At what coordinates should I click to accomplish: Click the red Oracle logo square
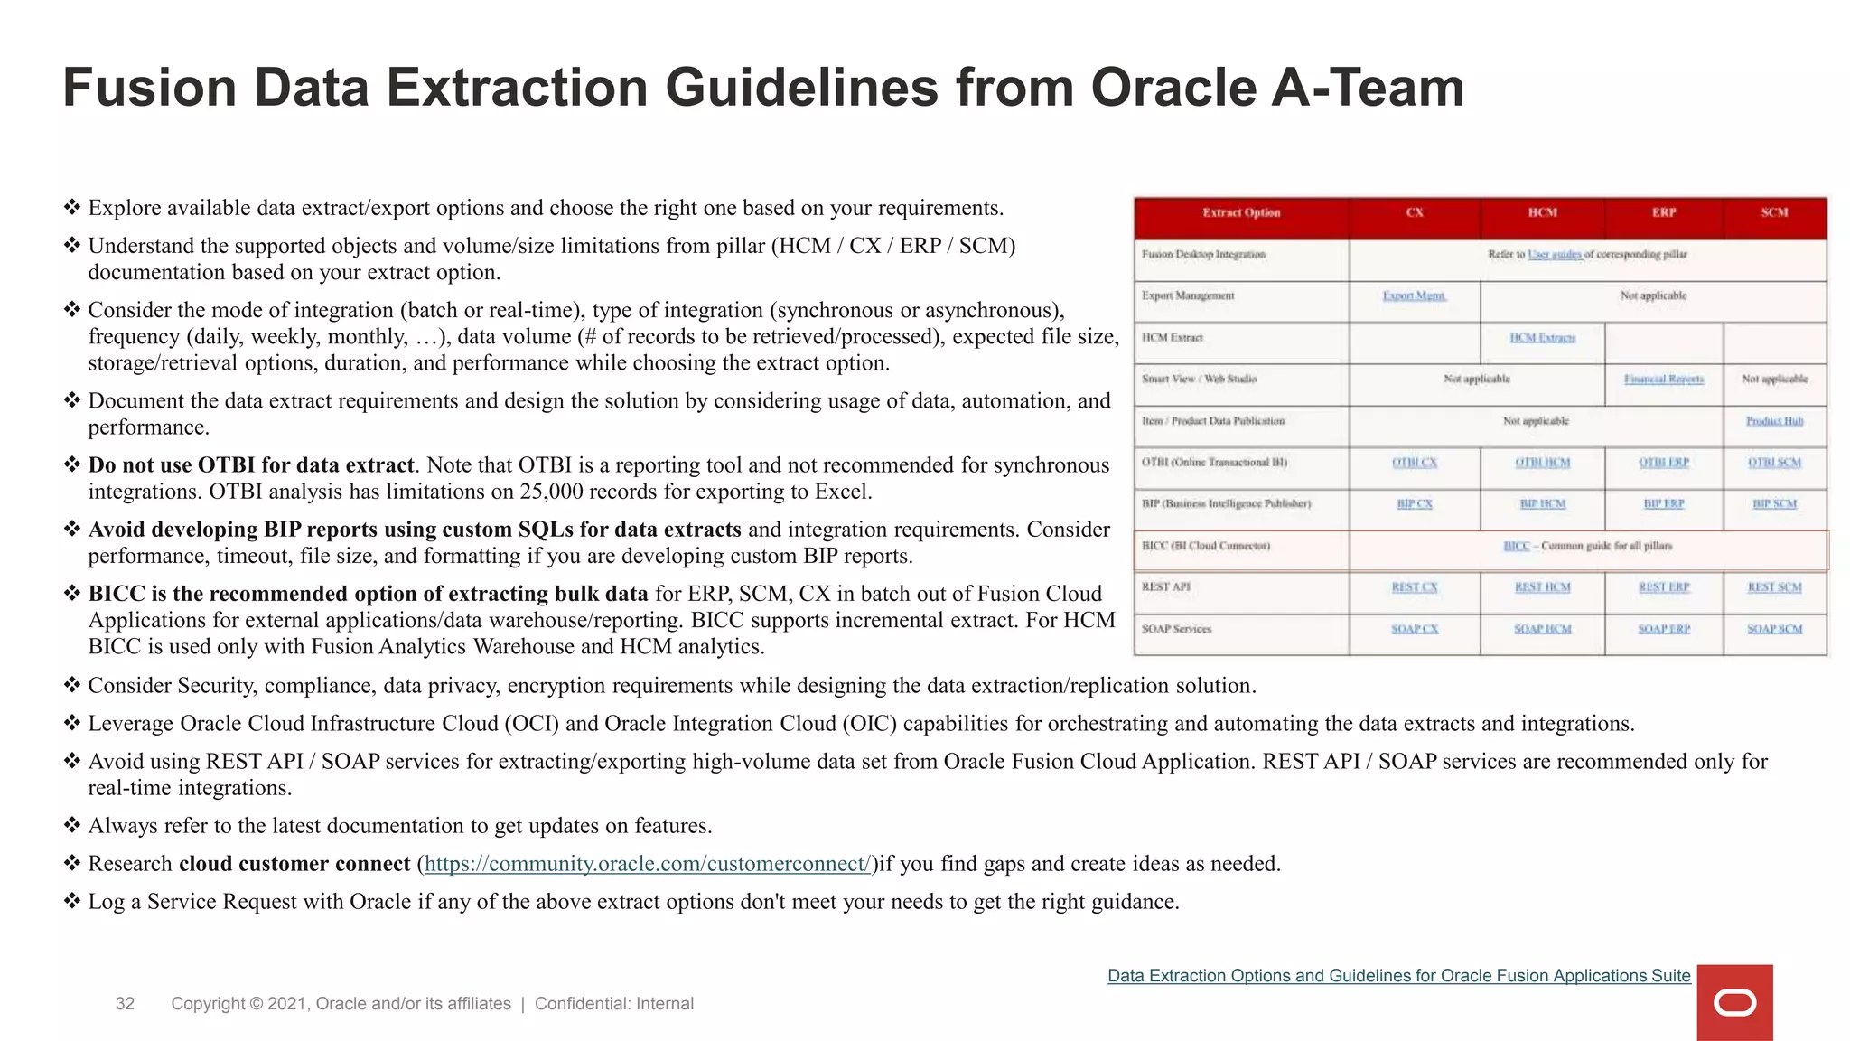1734,1002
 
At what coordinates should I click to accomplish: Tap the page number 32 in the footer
125,1003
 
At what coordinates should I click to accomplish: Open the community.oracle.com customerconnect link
647,864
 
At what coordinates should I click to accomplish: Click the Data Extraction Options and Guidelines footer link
1398,976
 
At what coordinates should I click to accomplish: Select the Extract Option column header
1241,213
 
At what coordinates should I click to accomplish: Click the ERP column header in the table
1664,213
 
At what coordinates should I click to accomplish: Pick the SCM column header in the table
1774,213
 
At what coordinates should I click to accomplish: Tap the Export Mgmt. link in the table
1414,296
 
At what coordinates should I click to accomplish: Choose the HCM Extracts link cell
1542,338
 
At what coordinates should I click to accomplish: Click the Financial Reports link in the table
1663,380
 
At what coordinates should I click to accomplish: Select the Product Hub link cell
1774,421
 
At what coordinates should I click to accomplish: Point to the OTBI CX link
1414,463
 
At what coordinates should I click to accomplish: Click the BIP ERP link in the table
1663,504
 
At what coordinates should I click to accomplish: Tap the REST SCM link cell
1774,587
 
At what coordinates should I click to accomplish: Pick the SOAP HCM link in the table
1542,629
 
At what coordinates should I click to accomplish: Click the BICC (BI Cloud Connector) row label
1205,546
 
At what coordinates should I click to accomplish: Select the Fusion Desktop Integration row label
1203,255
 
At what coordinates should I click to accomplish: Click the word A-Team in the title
1368,89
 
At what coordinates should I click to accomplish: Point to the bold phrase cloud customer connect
294,864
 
